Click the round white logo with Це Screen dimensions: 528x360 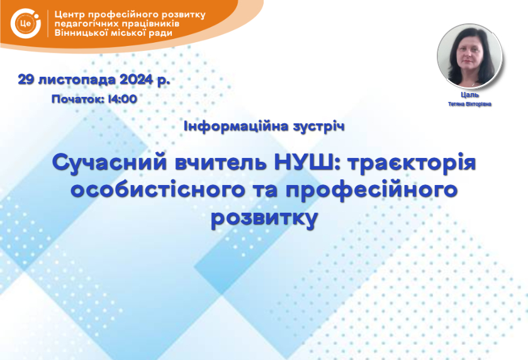(26, 23)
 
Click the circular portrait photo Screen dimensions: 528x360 (469, 56)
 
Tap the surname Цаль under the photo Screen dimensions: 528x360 (469, 95)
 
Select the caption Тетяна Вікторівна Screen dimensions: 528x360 (469, 104)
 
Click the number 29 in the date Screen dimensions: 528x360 (26, 80)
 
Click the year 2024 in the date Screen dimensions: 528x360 (137, 80)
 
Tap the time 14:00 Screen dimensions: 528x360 (122, 99)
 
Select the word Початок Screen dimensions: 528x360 (78, 99)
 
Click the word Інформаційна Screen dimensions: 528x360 (236, 127)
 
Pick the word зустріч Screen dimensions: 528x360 (318, 127)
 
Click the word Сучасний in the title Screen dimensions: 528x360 (110, 162)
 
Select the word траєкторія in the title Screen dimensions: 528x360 (412, 162)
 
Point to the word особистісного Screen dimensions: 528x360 (157, 189)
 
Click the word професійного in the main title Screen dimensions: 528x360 (372, 190)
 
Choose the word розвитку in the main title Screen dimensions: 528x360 (264, 218)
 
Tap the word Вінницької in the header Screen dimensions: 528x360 (81, 33)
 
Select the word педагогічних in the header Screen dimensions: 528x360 (86, 24)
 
